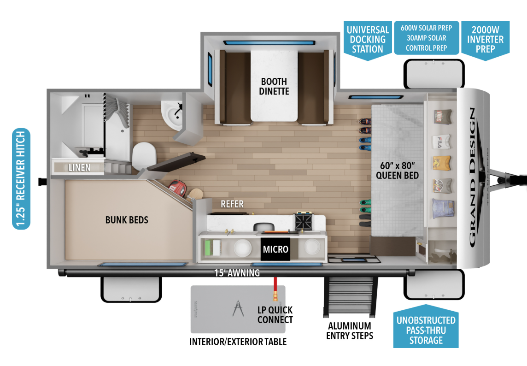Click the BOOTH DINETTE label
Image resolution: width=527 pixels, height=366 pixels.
click(x=275, y=86)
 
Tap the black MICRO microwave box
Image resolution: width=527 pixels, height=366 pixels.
click(x=275, y=249)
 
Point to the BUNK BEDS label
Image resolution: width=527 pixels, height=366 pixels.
click(x=127, y=220)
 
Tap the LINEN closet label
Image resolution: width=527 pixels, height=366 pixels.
click(x=80, y=167)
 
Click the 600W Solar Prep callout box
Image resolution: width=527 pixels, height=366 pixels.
click(x=426, y=38)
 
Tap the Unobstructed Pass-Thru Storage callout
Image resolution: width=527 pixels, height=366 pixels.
click(x=426, y=330)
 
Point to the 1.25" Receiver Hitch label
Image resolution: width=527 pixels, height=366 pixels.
click(x=21, y=178)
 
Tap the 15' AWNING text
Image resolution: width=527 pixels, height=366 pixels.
click(x=237, y=273)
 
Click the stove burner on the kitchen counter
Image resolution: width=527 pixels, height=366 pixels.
click(x=304, y=221)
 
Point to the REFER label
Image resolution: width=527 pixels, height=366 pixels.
click(x=232, y=204)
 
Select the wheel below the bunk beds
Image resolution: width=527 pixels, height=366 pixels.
click(x=131, y=289)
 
